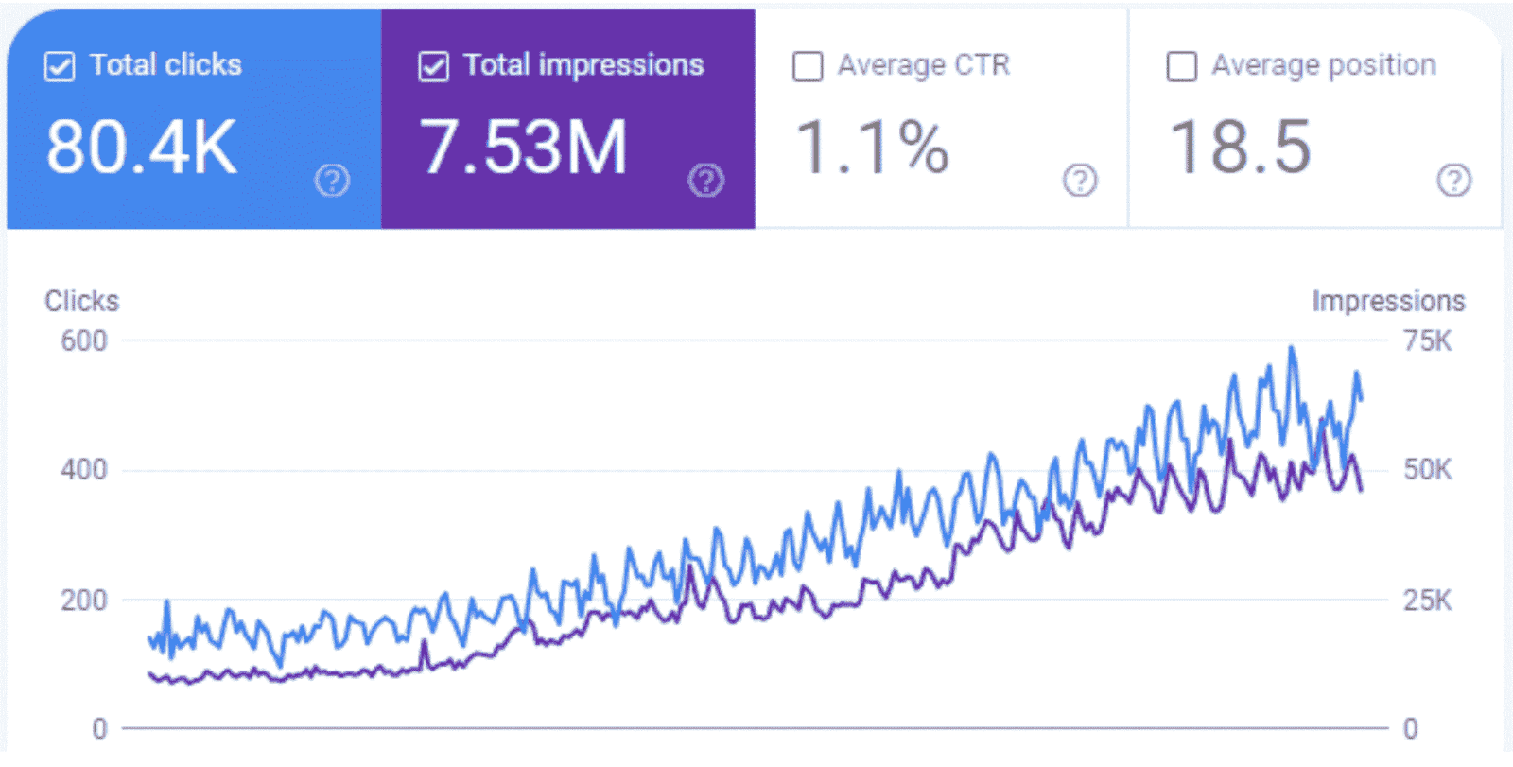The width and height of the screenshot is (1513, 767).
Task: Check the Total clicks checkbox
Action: pos(60,67)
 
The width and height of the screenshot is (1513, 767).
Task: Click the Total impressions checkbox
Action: pos(433,67)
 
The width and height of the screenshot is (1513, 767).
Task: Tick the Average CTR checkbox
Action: pos(808,67)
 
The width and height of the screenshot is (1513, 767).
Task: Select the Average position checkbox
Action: pos(1182,67)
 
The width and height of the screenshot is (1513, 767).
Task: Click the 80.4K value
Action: pos(142,148)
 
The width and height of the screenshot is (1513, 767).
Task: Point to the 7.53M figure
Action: pos(523,148)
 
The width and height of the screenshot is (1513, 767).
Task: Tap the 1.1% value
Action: pos(872,148)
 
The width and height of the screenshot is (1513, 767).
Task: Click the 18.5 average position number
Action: pos(1241,148)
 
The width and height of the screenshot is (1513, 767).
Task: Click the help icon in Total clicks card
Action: pos(332,180)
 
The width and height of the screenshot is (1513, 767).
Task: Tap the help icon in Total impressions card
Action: pos(705,180)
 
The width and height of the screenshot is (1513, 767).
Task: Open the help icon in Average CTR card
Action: pos(1080,180)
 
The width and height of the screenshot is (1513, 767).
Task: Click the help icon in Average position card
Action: pos(1453,180)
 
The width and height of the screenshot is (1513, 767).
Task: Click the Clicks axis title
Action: pos(82,301)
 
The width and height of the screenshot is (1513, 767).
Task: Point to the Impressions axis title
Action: pos(1388,301)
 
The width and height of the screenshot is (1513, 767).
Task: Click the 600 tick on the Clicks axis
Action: pos(84,340)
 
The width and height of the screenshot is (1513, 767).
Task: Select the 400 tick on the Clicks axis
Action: pos(84,470)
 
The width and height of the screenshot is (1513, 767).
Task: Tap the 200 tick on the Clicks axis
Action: pos(84,600)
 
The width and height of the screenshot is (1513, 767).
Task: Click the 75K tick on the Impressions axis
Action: pos(1427,340)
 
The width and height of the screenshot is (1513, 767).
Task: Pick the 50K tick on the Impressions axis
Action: pos(1427,470)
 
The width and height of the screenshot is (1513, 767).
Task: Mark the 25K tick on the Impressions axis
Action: pos(1427,600)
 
